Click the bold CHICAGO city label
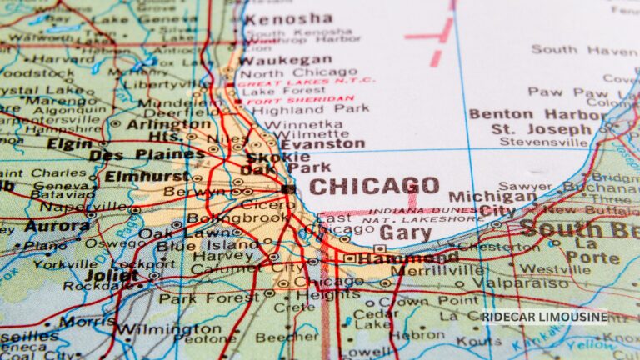(x=374, y=186)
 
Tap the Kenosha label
(x=287, y=18)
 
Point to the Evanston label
(x=323, y=143)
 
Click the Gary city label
(x=405, y=232)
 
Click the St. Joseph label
(x=541, y=129)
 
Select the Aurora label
(x=57, y=226)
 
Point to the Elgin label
(x=69, y=143)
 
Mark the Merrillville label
(x=436, y=271)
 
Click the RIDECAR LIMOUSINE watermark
(x=543, y=317)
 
